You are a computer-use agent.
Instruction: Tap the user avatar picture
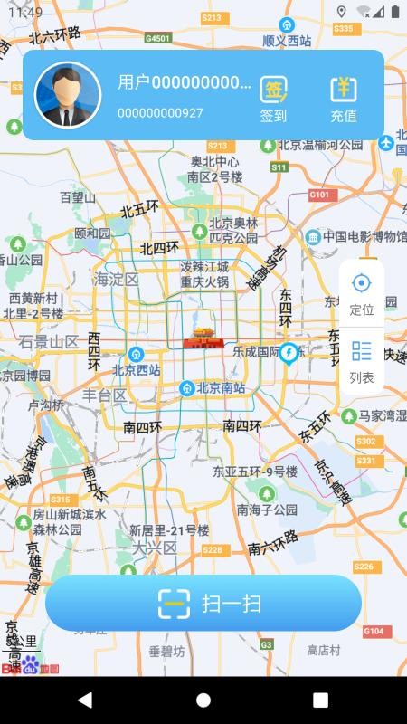[68, 94]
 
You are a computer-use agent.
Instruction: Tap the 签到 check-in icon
[273, 90]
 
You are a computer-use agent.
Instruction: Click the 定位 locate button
[362, 291]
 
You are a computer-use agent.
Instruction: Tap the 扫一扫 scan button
[203, 603]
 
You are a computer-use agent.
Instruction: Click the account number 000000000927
[160, 113]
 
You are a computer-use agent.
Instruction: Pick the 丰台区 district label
[104, 395]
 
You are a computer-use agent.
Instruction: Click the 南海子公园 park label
[267, 510]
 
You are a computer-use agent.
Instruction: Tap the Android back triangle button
[85, 700]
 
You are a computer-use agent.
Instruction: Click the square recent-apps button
[320, 700]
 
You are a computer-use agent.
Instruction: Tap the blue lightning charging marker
[289, 352]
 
